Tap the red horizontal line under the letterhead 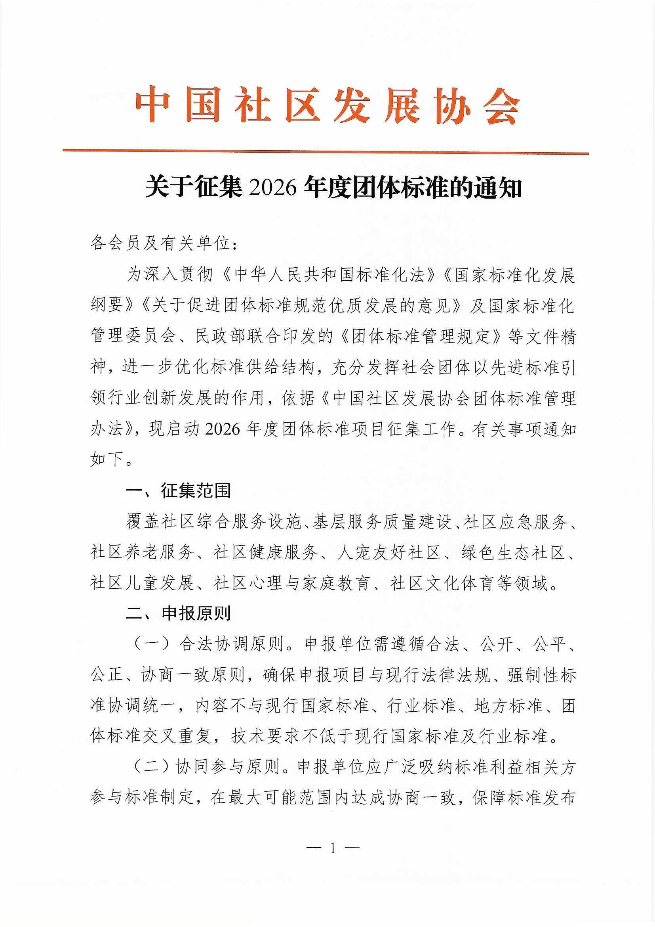tap(326, 152)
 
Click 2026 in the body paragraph tap(222, 429)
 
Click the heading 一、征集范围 tap(178, 491)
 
